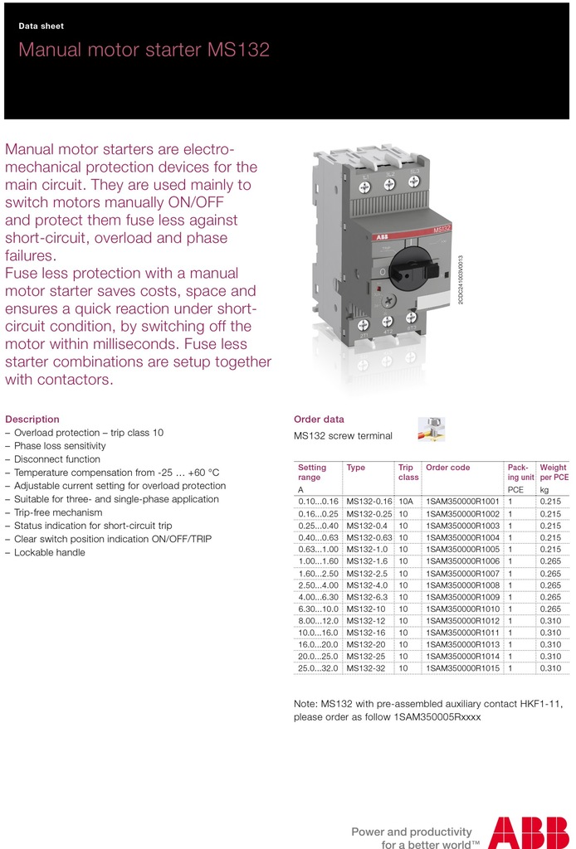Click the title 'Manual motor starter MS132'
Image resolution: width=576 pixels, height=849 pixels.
click(144, 50)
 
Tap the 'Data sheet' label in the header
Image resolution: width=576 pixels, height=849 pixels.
click(41, 27)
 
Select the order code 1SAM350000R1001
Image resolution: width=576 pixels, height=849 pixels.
click(462, 502)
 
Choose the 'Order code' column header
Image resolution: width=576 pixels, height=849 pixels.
click(447, 468)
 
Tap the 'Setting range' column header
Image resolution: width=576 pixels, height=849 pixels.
click(312, 473)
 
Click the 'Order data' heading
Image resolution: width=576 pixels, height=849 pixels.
click(319, 420)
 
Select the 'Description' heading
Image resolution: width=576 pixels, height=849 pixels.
click(32, 420)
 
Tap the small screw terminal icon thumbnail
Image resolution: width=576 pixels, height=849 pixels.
click(432, 428)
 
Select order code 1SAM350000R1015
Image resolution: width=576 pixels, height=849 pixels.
click(462, 667)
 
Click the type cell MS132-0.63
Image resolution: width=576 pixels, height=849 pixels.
click(369, 537)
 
